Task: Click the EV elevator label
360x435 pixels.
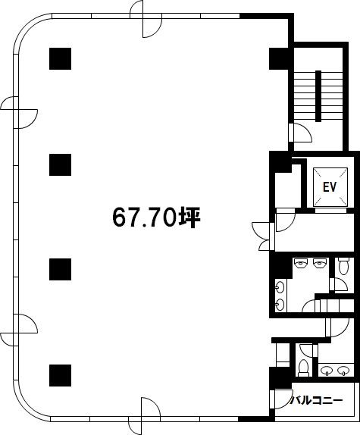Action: [x=330, y=186]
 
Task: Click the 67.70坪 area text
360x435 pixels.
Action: [x=156, y=217]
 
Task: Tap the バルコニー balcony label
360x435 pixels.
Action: [x=316, y=401]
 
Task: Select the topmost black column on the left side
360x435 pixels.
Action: [x=60, y=58]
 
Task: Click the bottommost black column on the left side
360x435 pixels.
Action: [x=60, y=375]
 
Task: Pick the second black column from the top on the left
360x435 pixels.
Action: [x=60, y=164]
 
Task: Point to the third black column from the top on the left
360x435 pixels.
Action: [x=60, y=269]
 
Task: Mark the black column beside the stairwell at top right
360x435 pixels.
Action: [x=280, y=58]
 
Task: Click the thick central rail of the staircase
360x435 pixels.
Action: [x=318, y=96]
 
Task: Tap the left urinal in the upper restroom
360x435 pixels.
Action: [x=301, y=263]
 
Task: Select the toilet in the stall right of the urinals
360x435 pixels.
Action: [x=343, y=266]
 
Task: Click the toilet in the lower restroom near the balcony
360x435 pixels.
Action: [x=303, y=368]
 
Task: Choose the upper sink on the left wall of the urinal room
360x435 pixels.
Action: [x=280, y=287]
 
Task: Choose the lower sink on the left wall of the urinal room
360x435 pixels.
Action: [x=280, y=305]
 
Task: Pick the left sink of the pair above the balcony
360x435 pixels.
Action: [x=327, y=371]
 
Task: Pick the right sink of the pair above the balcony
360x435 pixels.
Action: [x=343, y=371]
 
